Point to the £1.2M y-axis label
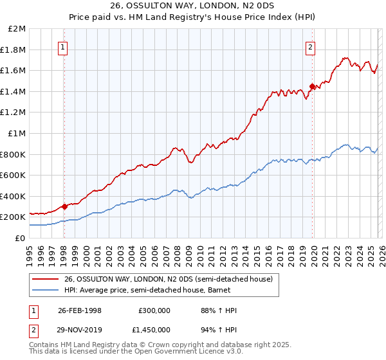coord(14,113)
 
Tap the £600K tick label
coord(14,175)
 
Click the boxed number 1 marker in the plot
coord(64,47)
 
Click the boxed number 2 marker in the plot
coord(311,47)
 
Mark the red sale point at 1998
coord(64,206)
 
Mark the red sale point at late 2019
coord(312,86)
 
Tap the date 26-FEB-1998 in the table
coord(80,310)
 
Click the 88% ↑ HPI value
coord(219,310)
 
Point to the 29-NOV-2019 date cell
coord(80,329)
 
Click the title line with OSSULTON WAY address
coord(193,7)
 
